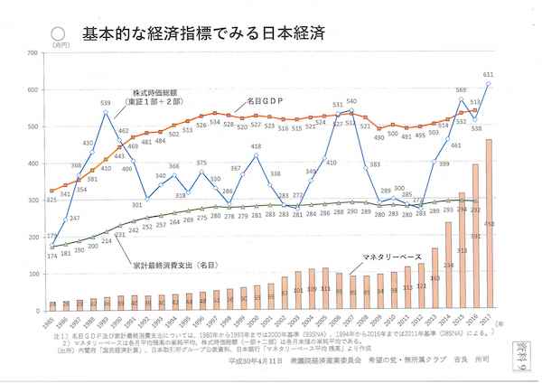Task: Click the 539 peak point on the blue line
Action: [106, 112]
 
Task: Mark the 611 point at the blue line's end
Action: [489, 84]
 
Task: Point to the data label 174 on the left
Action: [49, 258]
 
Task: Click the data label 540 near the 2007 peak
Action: [351, 102]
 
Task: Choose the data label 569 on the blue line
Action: [461, 90]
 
